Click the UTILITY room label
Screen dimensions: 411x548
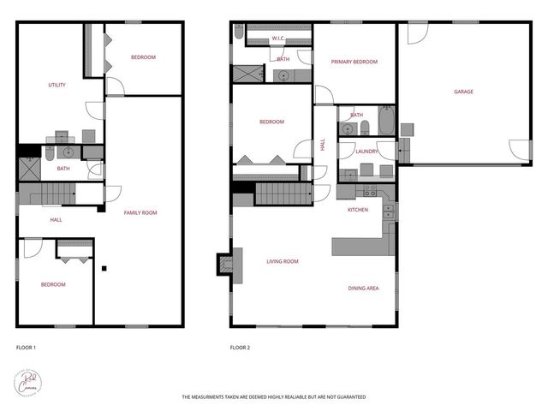coord(57,85)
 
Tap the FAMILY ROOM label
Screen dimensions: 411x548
coord(140,212)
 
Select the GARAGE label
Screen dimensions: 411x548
coord(463,92)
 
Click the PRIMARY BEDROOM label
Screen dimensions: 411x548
coord(354,62)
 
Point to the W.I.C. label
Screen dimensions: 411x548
coord(278,39)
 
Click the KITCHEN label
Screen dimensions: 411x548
coord(358,210)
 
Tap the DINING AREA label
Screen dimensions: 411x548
coord(363,288)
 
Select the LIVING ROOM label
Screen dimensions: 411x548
coord(282,261)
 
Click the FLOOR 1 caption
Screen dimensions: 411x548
coord(26,348)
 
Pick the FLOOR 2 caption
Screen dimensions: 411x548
coord(240,348)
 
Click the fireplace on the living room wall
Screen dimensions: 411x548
coord(224,265)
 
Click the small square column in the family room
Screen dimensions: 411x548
coord(104,269)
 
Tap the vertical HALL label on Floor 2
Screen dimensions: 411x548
coord(323,146)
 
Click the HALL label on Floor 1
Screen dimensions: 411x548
coord(56,220)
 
